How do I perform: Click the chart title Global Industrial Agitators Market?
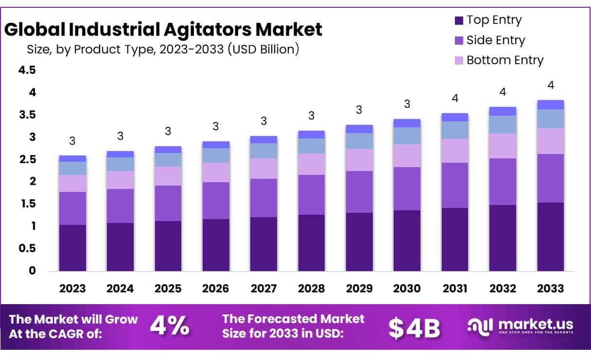[x=163, y=30]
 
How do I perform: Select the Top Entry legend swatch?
[x=458, y=20]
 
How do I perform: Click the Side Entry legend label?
[x=496, y=40]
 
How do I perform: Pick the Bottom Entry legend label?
[x=505, y=60]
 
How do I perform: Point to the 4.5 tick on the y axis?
[x=27, y=70]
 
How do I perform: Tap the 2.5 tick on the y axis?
[x=27, y=160]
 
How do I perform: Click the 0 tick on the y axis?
[x=32, y=271]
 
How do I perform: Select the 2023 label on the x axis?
[x=72, y=289]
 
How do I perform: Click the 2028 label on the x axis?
[x=312, y=289]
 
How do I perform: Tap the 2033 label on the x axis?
[x=551, y=289]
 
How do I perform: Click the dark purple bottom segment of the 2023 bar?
[x=72, y=248]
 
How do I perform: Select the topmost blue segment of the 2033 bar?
[x=551, y=104]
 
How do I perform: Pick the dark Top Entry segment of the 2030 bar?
[x=407, y=240]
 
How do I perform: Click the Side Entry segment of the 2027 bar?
[x=263, y=198]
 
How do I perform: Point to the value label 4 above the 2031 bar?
[x=455, y=99]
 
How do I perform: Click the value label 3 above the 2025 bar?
[x=168, y=131]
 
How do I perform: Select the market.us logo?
[x=520, y=326]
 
